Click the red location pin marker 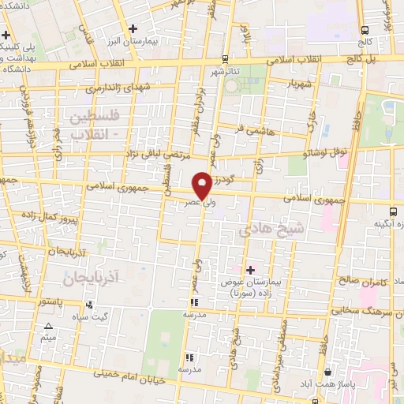tap(202, 185)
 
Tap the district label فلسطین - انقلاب tap(86, 125)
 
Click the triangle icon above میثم tap(49, 326)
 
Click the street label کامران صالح tap(360, 281)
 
